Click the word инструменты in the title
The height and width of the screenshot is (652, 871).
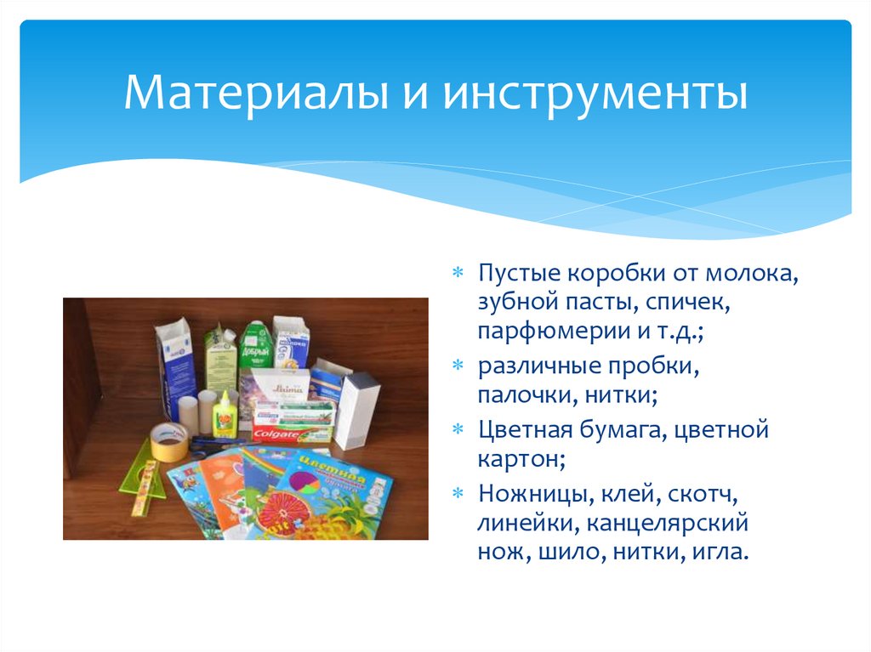pos(594,94)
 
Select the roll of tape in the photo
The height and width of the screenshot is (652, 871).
pos(168,440)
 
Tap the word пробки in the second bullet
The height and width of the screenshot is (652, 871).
pos(656,368)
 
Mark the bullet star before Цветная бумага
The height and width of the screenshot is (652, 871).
pos(458,430)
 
